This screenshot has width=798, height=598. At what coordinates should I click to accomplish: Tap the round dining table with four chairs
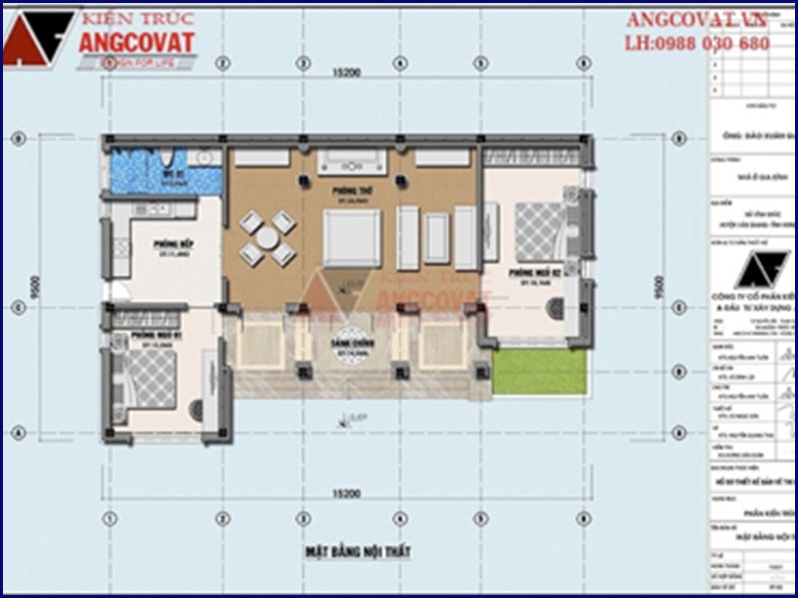(x=265, y=238)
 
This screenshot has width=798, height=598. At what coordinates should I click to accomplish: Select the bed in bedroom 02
(x=540, y=230)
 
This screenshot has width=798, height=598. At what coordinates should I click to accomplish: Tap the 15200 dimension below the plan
(x=346, y=493)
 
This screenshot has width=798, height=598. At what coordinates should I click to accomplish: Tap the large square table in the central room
(x=350, y=237)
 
